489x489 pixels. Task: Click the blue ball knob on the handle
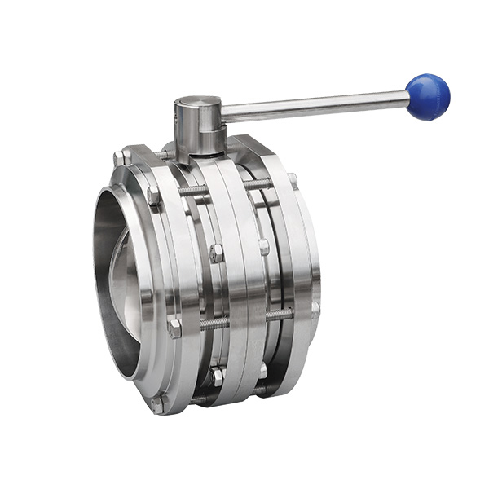point(428,96)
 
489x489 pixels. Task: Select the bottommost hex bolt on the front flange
point(157,403)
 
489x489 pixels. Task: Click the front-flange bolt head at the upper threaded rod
point(152,196)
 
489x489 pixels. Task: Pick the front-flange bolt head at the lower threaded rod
point(174,328)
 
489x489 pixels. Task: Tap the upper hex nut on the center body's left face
point(216,253)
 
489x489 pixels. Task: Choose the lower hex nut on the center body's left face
point(218,377)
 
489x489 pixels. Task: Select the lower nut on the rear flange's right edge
point(315,308)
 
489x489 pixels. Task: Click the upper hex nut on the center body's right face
point(263,245)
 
